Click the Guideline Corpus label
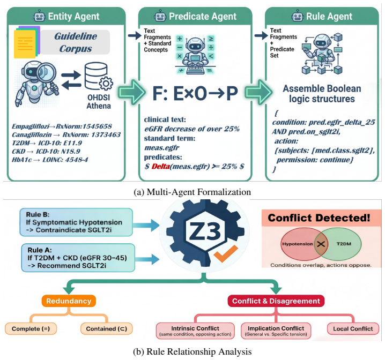click(x=76, y=42)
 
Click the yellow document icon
click(x=25, y=43)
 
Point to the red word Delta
click(x=160, y=167)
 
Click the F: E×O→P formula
click(x=195, y=93)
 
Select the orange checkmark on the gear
click(x=226, y=253)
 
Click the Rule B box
click(x=76, y=222)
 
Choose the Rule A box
click(x=78, y=258)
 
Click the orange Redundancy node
click(x=69, y=301)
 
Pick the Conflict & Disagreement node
click(x=276, y=301)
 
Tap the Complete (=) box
click(x=31, y=329)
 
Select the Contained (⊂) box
click(x=107, y=329)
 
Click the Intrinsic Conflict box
click(x=195, y=331)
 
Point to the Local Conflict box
click(x=353, y=328)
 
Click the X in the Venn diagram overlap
click(x=321, y=244)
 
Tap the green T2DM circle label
click(x=344, y=244)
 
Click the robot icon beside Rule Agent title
click(x=298, y=16)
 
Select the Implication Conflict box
click(x=276, y=331)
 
